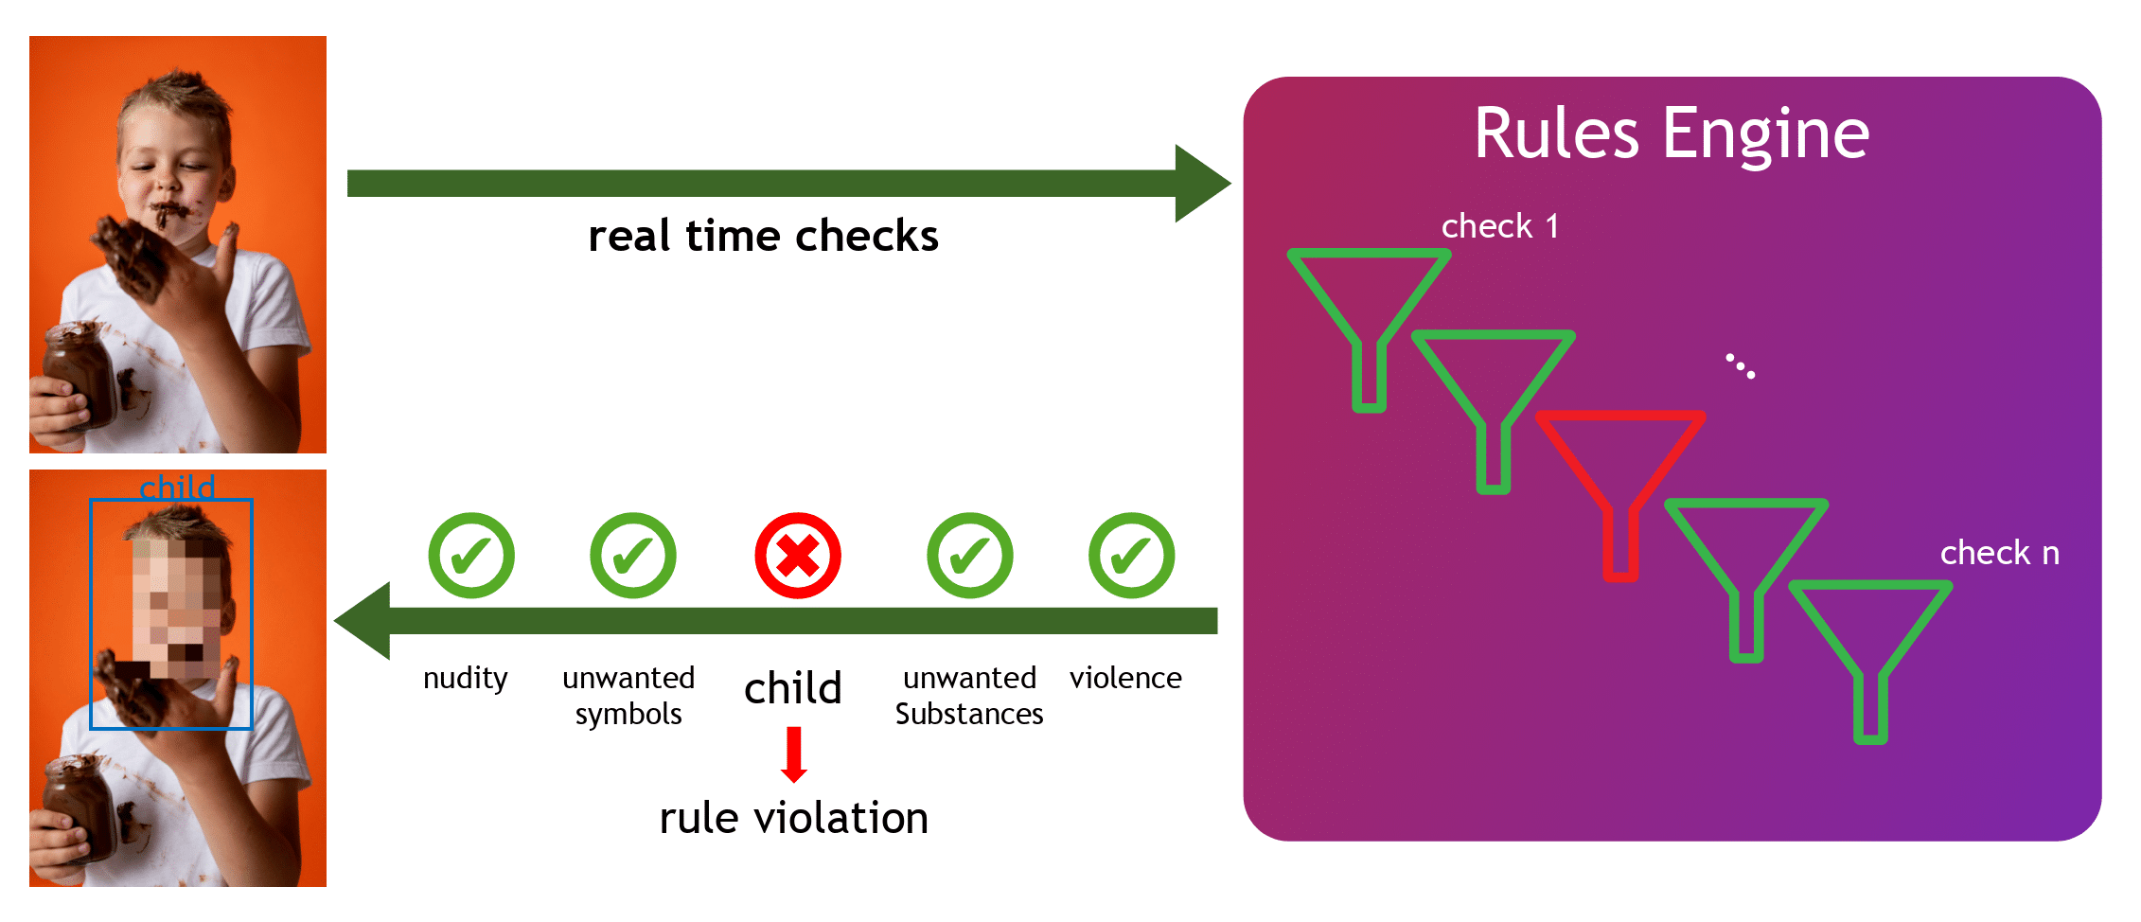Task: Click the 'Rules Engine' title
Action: pyautogui.click(x=1672, y=133)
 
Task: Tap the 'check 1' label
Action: pyautogui.click(x=1499, y=226)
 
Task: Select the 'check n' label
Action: pyautogui.click(x=1999, y=553)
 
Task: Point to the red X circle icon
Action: pyautogui.click(x=797, y=556)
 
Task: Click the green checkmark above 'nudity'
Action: pyautogui.click(x=471, y=556)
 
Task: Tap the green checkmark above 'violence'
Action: pyautogui.click(x=1131, y=556)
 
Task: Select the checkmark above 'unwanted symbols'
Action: pyautogui.click(x=633, y=556)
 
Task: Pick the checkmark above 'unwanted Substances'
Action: pyautogui.click(x=969, y=556)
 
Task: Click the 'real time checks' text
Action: pyautogui.click(x=763, y=236)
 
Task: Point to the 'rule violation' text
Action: pyautogui.click(x=794, y=818)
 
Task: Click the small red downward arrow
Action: pyautogui.click(x=794, y=754)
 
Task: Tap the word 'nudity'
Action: pyautogui.click(x=465, y=679)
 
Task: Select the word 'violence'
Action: pyautogui.click(x=1125, y=678)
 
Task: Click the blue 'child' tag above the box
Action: pyautogui.click(x=177, y=488)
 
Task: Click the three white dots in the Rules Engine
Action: pyautogui.click(x=1740, y=366)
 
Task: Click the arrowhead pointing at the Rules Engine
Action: pyautogui.click(x=1202, y=184)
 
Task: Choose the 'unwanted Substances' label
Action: pyautogui.click(x=969, y=696)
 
